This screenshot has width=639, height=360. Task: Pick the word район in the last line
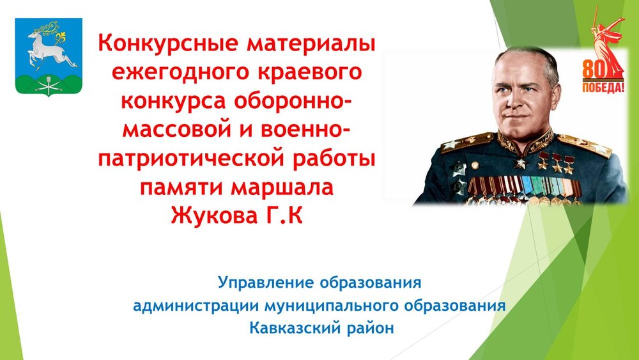371,329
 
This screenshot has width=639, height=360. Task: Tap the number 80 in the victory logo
594,69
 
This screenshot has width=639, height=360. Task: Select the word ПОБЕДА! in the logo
603,87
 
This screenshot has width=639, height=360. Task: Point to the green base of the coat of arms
49,84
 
